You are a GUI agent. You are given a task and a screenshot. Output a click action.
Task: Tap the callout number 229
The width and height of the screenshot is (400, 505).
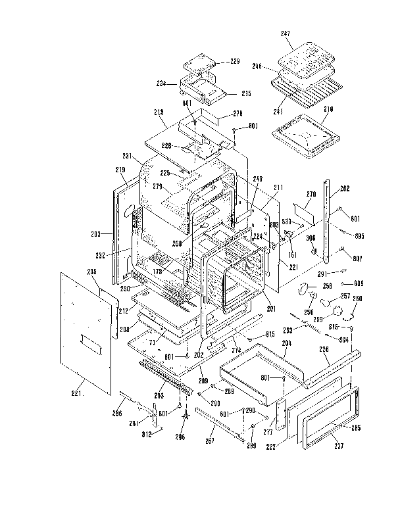235,62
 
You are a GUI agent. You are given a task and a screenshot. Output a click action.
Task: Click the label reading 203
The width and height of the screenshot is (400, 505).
96,233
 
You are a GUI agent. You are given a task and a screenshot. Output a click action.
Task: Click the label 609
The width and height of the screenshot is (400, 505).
358,283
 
